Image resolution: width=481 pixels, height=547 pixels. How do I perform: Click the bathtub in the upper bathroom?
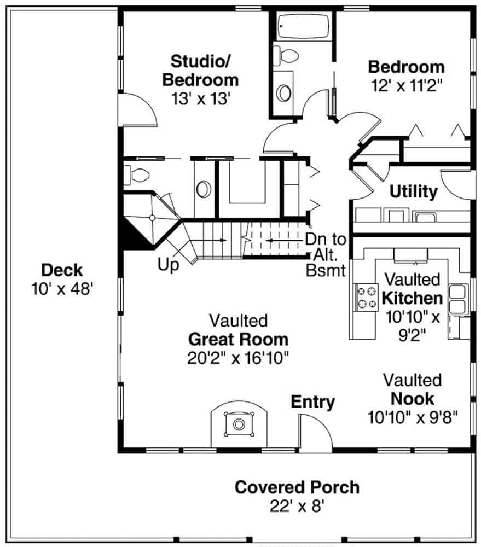[x=303, y=26]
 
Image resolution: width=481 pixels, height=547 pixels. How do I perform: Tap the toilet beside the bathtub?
[x=286, y=55]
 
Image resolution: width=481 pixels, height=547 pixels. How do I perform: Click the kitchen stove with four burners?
[x=367, y=297]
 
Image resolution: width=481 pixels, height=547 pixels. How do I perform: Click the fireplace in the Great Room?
[x=239, y=424]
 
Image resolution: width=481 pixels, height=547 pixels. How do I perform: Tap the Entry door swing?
[x=315, y=432]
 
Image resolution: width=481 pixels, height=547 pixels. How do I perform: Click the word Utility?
[x=413, y=191]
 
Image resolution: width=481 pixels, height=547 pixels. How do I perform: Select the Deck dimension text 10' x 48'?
[x=62, y=289]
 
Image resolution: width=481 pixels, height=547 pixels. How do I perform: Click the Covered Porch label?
[x=297, y=487]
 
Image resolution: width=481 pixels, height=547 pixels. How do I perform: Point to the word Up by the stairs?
[x=168, y=264]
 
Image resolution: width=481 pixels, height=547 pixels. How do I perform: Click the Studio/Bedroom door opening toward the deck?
[x=137, y=109]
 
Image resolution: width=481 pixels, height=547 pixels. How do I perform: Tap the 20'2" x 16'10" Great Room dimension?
[x=238, y=358]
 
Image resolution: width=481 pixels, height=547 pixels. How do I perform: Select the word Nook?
[x=412, y=399]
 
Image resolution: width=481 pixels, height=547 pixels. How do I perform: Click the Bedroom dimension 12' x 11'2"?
[x=407, y=85]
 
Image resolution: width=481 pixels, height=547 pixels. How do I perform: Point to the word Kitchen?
[x=412, y=298]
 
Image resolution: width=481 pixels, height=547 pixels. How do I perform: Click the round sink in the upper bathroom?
[x=283, y=93]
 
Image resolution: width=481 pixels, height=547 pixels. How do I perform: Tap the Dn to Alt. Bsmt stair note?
[x=326, y=255]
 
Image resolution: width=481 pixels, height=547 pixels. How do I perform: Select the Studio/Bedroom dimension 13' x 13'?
[x=201, y=98]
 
